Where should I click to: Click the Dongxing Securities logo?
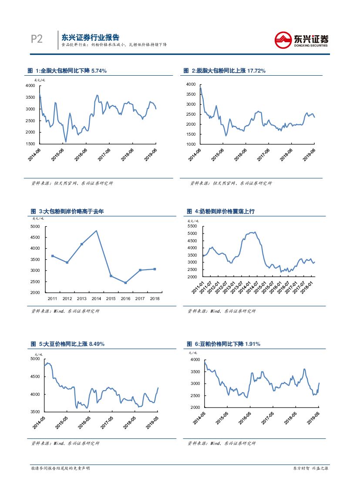tap(301, 40)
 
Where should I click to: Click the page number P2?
tap(37, 39)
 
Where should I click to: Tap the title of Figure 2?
tap(225, 70)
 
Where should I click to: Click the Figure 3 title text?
tap(67, 211)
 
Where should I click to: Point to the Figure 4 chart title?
tap(221, 211)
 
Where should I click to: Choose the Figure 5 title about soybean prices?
tap(67, 344)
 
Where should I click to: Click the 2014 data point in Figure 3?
tap(96, 231)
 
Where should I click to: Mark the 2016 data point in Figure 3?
tap(125, 283)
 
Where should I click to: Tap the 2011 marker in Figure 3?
tap(52, 256)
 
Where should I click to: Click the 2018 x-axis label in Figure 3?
tap(155, 298)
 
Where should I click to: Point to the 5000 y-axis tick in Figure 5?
tap(35, 359)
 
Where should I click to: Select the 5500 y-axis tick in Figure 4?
tap(192, 227)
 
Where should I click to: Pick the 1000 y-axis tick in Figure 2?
tap(191, 144)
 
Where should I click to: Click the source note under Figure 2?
tap(231, 184)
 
